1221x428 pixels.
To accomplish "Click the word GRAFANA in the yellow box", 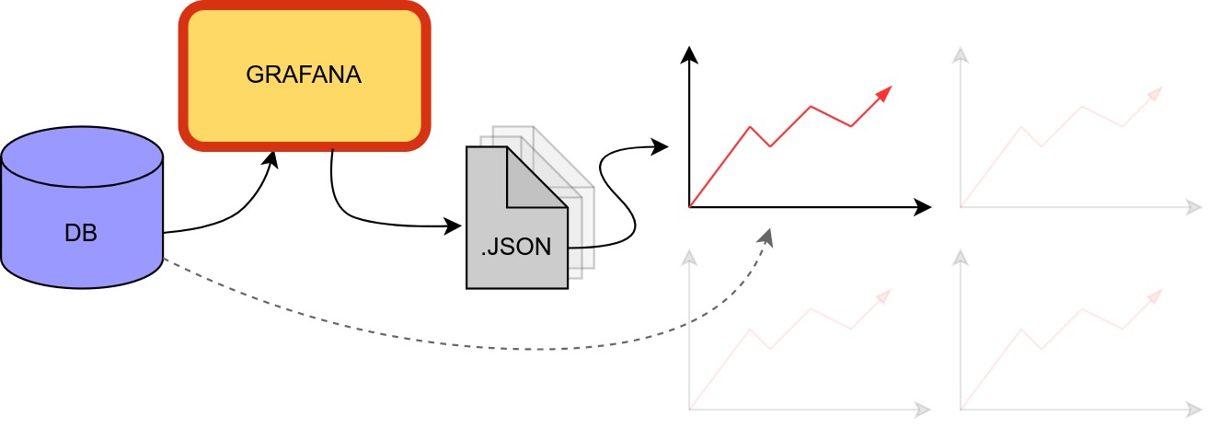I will (x=304, y=75).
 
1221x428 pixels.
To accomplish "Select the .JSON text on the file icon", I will (x=516, y=248).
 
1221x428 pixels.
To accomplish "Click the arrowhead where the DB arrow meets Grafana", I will (x=272, y=157).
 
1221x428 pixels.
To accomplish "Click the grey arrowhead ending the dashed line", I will (x=766, y=237).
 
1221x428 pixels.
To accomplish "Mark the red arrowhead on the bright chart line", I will (x=885, y=92).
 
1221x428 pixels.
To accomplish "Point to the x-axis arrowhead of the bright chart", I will (x=924, y=207).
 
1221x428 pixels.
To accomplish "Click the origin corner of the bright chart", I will (x=688, y=207).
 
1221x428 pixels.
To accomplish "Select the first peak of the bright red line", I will (x=751, y=127).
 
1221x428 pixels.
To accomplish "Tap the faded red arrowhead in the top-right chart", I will (x=1156, y=93).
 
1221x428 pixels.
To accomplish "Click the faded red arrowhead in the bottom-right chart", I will (x=1156, y=295).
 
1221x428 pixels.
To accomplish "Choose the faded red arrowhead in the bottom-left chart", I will (x=885, y=295).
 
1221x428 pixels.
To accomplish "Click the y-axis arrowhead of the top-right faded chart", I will (x=962, y=54).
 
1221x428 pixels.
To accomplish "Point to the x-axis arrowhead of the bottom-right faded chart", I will (x=1195, y=409).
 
